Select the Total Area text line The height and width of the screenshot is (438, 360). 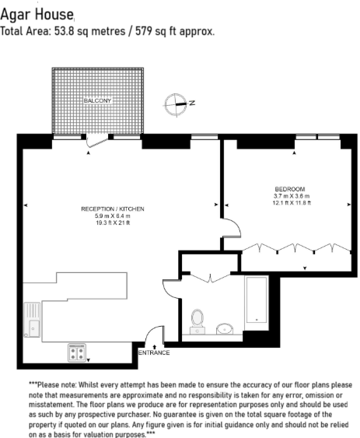click(x=108, y=32)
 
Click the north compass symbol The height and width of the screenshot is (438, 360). click(x=177, y=102)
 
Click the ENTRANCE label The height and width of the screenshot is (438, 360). click(x=154, y=353)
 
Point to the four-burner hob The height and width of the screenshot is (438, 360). click(x=78, y=352)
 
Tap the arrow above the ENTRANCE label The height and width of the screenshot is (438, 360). click(x=155, y=345)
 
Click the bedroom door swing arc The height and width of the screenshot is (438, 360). click(x=231, y=231)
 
